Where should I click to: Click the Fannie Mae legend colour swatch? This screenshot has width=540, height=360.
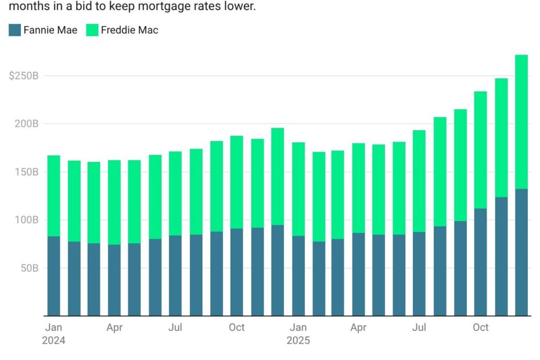(15, 30)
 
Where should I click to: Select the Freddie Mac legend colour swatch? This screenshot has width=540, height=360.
(92, 30)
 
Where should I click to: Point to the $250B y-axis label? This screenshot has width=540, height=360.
(24, 76)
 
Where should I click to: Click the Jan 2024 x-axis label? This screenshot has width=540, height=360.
(53, 334)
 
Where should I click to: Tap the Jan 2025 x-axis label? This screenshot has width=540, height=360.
(298, 334)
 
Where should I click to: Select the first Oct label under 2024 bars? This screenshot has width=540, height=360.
(236, 327)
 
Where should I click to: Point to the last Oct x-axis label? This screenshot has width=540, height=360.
(480, 327)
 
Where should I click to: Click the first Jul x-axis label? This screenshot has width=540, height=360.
(175, 327)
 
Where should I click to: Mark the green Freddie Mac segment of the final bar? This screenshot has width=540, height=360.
(521, 122)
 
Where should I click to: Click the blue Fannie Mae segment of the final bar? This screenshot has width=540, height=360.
(521, 253)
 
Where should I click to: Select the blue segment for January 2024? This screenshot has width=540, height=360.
(53, 276)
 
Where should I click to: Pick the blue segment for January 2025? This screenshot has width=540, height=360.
(298, 276)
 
